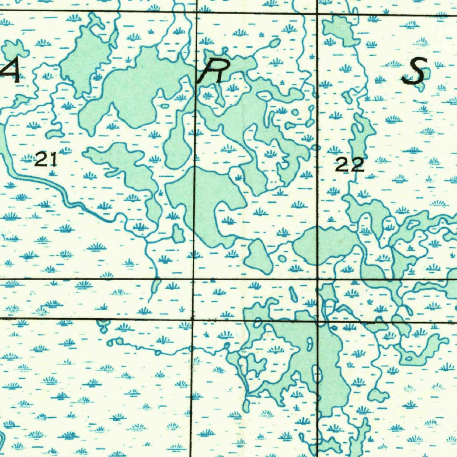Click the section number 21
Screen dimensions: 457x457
(46, 159)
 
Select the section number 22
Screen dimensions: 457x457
(350, 166)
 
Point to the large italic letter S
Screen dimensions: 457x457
(414, 72)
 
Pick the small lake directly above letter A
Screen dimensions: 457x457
(16, 48)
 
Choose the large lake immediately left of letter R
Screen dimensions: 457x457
(134, 89)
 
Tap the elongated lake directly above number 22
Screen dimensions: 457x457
(361, 134)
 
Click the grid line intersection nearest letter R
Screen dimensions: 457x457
(197, 13)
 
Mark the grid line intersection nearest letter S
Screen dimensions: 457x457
(317, 14)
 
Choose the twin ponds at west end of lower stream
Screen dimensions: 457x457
(115, 342)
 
